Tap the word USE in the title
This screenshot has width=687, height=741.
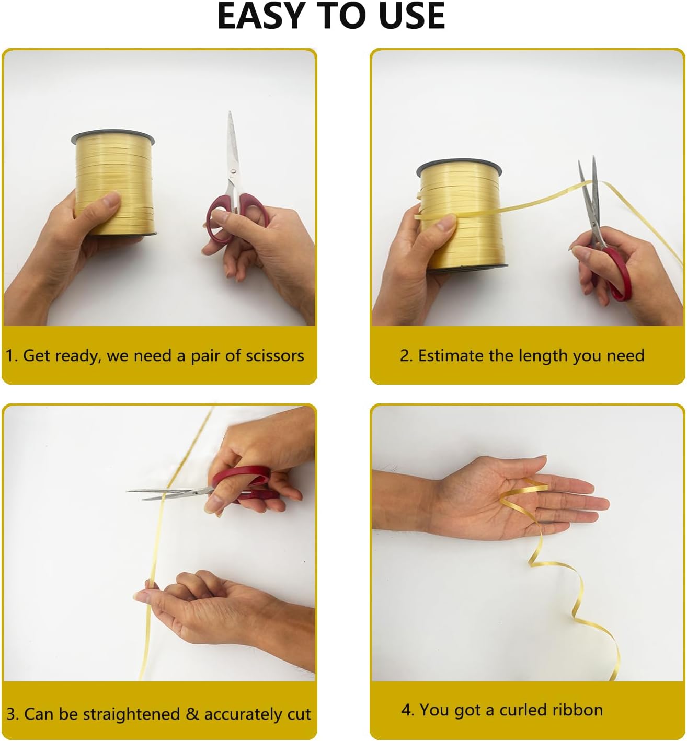(412, 16)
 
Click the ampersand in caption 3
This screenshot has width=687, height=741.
(192, 714)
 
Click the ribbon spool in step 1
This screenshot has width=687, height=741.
(114, 183)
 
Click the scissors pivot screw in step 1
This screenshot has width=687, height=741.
(233, 171)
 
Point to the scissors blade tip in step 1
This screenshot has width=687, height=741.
(230, 111)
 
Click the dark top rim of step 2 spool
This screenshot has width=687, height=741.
(459, 167)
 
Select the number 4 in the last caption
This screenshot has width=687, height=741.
(406, 710)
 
